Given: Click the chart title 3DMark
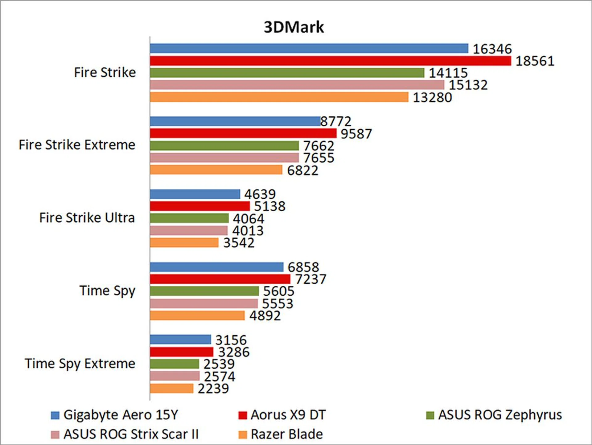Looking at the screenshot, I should pos(294,27).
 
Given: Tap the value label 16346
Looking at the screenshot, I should pos(492,49).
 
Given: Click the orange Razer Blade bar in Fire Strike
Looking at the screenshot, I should pos(279,97).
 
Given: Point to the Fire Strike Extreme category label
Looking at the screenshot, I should pos(77,145).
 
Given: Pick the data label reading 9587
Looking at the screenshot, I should pos(356,134).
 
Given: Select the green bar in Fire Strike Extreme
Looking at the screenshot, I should pos(224,146).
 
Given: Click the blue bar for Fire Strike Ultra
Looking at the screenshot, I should pos(195,194).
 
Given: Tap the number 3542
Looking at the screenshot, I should pos(239,243).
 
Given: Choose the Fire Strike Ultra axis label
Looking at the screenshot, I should pos(87,218).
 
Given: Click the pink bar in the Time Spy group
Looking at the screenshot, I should pos(204,303).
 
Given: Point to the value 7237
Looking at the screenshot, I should pos(310,279).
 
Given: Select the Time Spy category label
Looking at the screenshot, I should pos(107,291).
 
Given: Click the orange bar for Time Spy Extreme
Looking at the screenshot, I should pos(171,389).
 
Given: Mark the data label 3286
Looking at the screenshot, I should pos(234,352).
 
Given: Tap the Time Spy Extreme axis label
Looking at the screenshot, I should pos(80,364).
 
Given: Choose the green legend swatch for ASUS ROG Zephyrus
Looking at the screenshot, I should pos(430,415).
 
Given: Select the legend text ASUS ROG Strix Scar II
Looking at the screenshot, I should pos(131,435).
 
